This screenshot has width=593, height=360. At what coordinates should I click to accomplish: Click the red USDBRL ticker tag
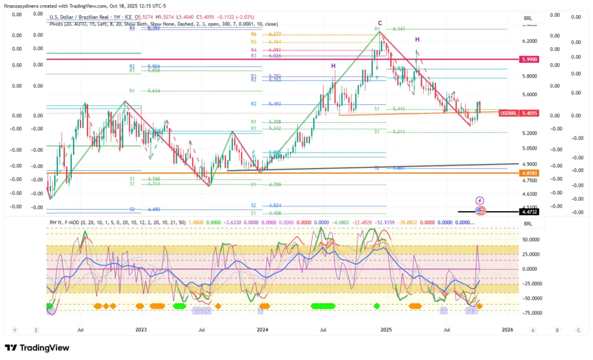[x=507, y=113]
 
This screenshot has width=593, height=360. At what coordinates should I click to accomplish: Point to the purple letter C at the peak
[x=380, y=23]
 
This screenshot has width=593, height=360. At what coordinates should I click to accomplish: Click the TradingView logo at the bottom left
[x=37, y=347]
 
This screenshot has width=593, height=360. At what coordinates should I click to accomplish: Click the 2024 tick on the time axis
[x=262, y=330]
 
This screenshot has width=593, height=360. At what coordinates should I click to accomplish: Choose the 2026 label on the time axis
[x=507, y=330]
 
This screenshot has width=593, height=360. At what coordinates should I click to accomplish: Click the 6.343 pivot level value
[x=398, y=28]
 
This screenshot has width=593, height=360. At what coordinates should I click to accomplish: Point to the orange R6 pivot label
[x=254, y=35]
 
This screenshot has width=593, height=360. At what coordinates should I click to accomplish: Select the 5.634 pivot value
[x=153, y=91]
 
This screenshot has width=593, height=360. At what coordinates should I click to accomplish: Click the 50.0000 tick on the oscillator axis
[x=530, y=238]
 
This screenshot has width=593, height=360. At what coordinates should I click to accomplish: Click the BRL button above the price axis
[x=528, y=18]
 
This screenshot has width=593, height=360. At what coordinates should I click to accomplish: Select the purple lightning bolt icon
[x=479, y=201]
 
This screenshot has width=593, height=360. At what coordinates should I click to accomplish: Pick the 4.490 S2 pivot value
[x=153, y=209]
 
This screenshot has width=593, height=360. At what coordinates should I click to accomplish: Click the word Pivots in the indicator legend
[x=58, y=24]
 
